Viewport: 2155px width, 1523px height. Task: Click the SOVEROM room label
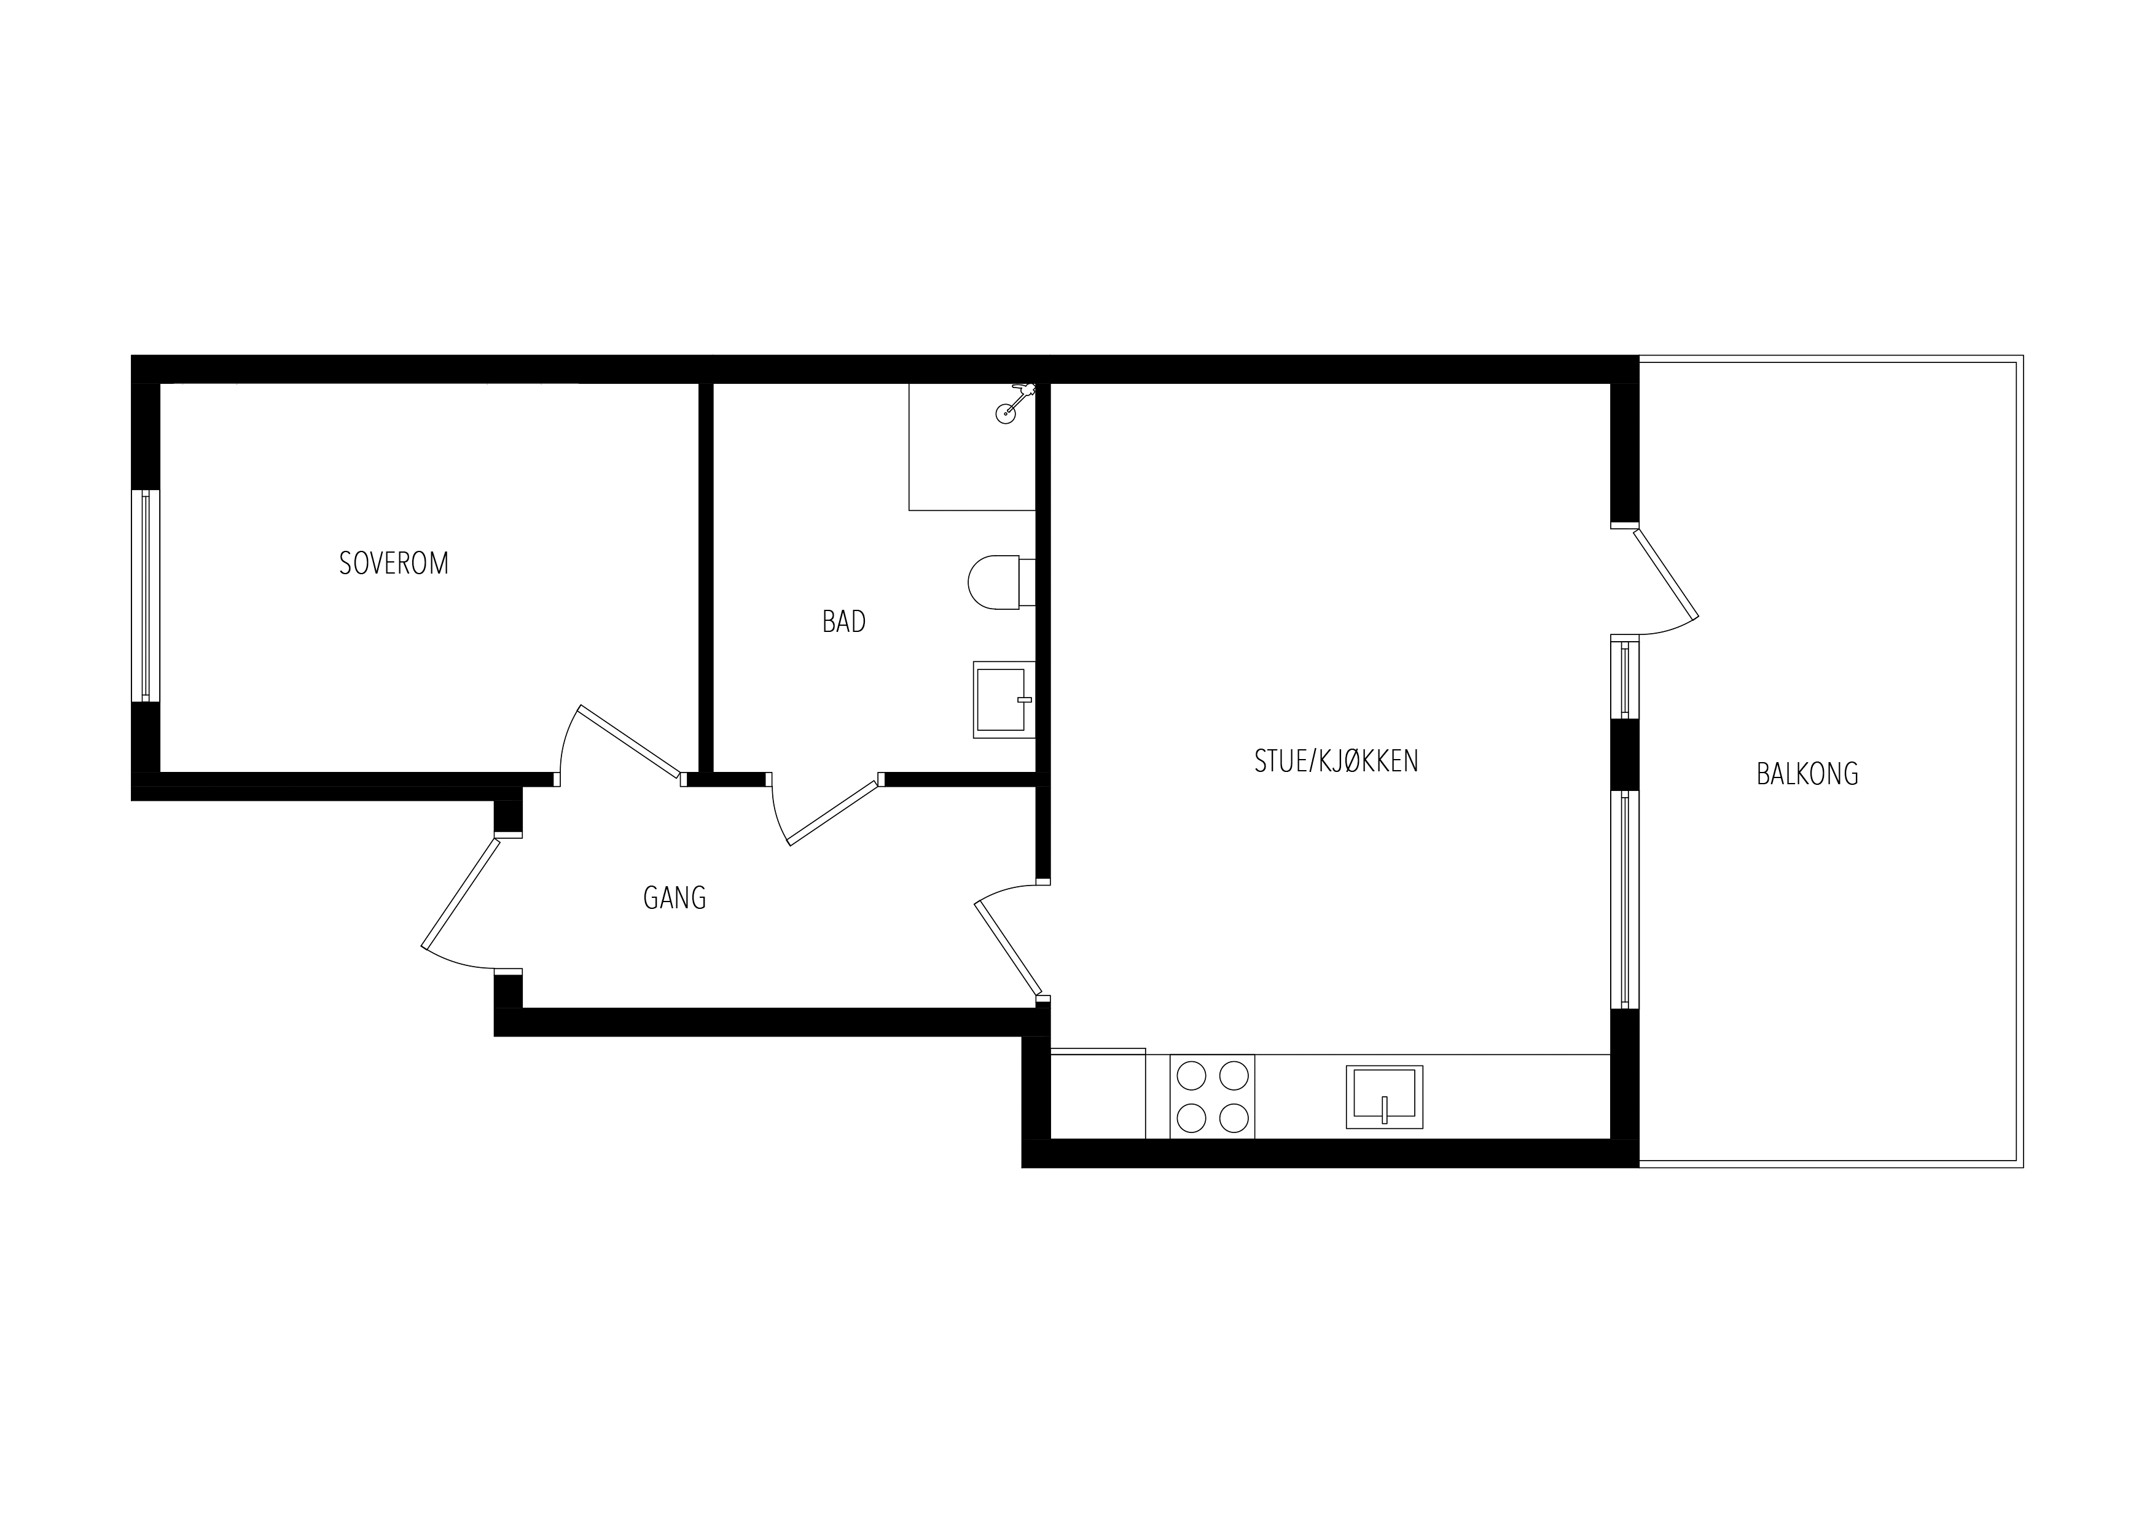[394, 563]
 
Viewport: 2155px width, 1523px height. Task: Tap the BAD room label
[844, 621]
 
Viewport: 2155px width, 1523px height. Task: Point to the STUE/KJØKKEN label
[1337, 761]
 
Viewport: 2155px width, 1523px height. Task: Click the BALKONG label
[1808, 774]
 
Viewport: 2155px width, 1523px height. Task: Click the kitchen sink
[1385, 1096]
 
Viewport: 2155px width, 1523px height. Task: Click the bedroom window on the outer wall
[146, 595]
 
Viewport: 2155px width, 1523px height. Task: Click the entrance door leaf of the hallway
[461, 892]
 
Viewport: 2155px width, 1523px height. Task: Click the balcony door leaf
[1666, 574]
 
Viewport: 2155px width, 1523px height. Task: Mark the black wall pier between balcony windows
[1625, 755]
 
